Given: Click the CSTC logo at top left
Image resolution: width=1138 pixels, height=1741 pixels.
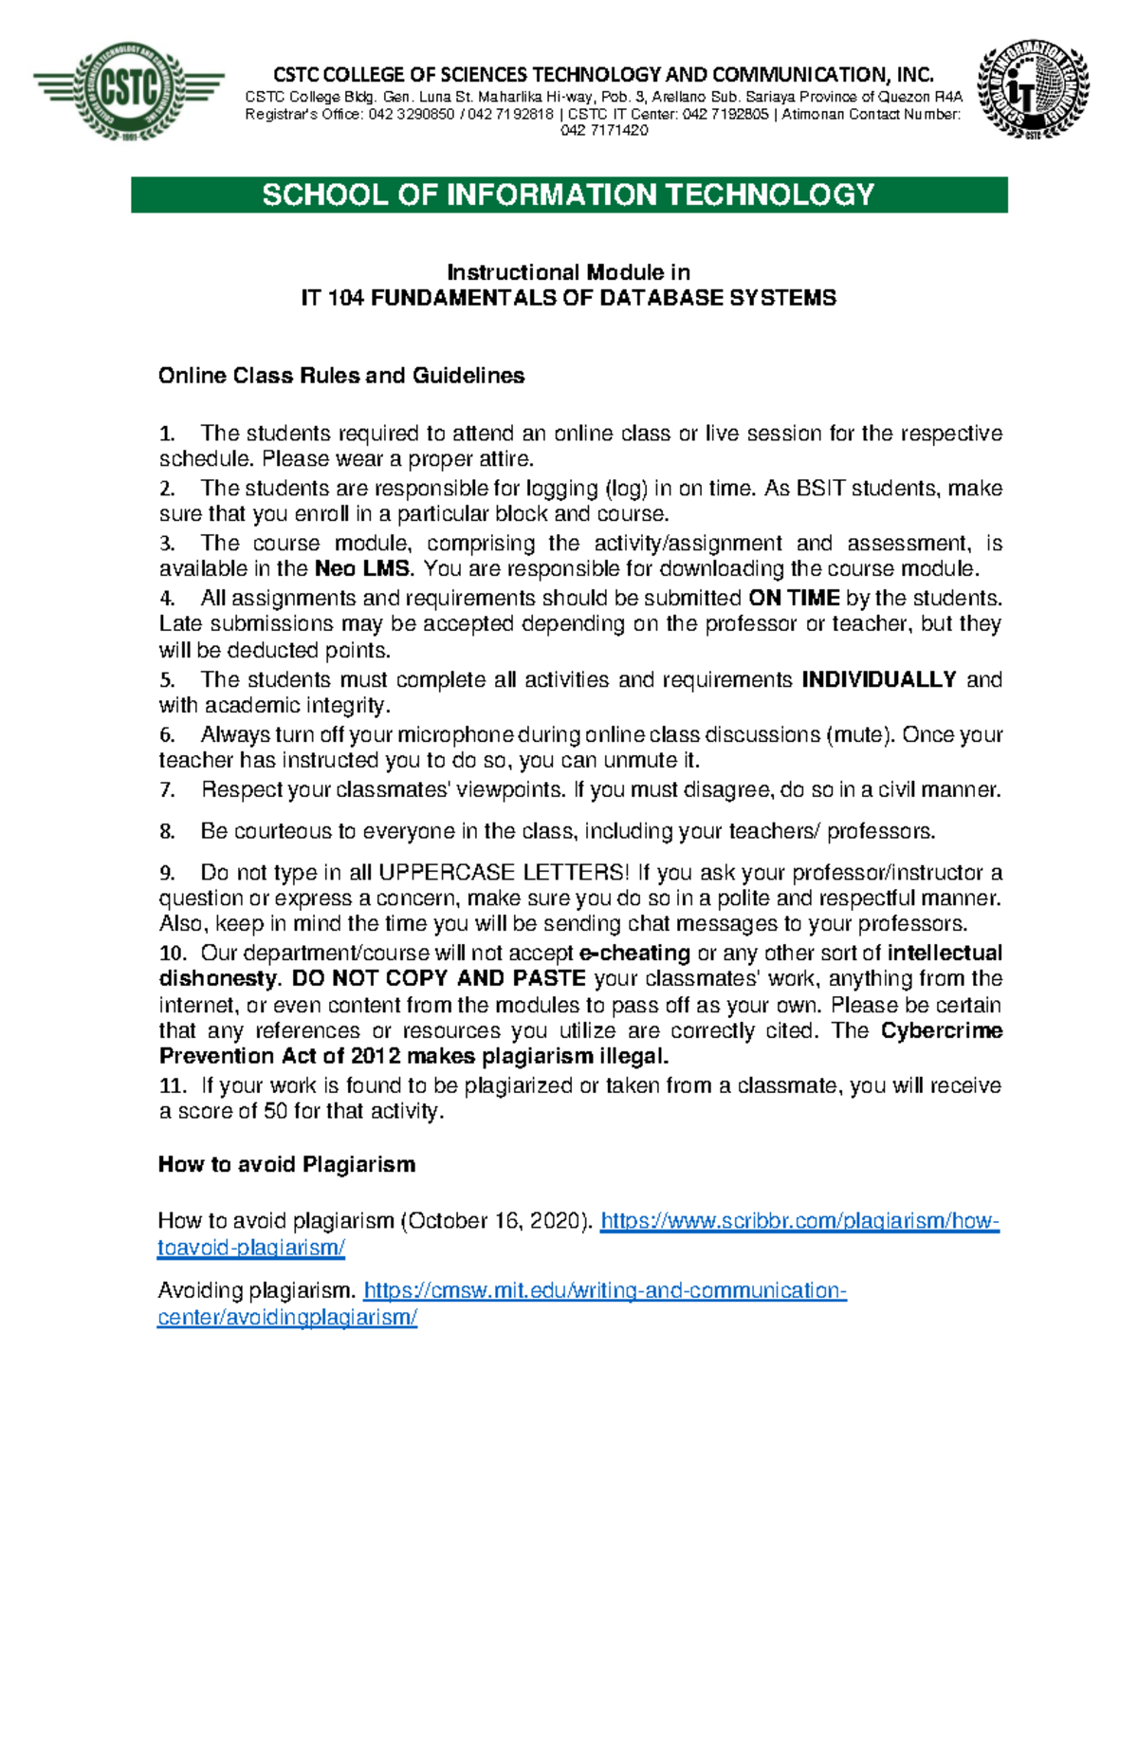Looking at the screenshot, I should tap(129, 92).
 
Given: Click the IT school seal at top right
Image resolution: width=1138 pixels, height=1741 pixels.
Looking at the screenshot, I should tap(1033, 92).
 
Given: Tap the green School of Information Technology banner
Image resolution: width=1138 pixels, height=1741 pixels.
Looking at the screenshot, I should tap(569, 194).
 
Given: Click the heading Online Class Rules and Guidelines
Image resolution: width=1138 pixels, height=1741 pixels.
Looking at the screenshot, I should tap(341, 376).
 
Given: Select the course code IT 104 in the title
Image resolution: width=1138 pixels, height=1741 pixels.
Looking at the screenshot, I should tap(333, 298).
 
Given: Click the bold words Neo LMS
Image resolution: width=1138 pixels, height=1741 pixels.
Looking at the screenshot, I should tap(364, 569).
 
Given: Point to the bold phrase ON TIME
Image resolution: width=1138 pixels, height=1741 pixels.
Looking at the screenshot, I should tap(794, 598).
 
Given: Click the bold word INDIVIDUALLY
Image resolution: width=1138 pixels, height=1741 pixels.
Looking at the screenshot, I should tap(879, 679).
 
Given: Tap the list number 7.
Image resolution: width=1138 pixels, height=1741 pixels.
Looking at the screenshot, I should tap(167, 790).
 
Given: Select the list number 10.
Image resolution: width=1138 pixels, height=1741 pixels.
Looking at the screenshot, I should tap(172, 954).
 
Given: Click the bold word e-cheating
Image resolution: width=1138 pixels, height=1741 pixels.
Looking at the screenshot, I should tap(634, 954).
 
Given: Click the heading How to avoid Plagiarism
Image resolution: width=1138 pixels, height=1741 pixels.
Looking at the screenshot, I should tap(286, 1164).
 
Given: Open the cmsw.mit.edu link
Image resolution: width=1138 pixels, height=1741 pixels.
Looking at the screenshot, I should tap(604, 1291).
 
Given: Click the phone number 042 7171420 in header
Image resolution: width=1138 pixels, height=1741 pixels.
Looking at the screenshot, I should tap(604, 131).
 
